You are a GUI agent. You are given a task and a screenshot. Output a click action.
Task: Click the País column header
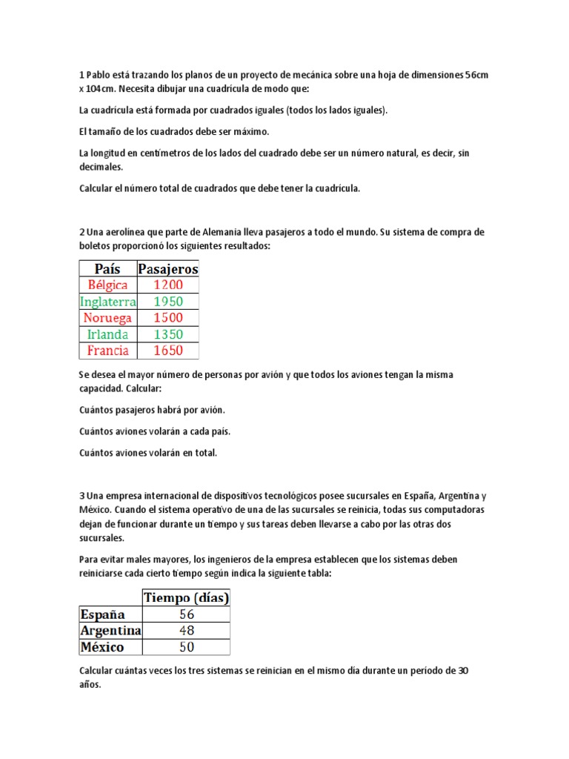[x=107, y=268]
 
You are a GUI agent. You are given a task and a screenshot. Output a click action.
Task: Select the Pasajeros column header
[x=168, y=268]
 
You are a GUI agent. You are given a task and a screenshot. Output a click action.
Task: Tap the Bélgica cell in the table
[x=107, y=285]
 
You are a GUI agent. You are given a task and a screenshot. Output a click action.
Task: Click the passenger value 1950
[x=168, y=302]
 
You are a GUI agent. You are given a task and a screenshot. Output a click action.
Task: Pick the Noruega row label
[x=107, y=318]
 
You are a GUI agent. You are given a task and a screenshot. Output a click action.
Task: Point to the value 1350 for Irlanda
[x=168, y=334]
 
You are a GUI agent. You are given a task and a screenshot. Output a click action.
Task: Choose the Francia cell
[x=107, y=351]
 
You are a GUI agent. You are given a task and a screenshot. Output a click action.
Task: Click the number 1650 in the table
[x=168, y=351]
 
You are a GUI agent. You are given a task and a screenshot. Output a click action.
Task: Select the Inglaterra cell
[x=107, y=302]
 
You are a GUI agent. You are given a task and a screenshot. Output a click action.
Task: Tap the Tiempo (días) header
[x=186, y=597]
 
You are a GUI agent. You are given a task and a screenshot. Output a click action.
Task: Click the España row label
[x=102, y=614]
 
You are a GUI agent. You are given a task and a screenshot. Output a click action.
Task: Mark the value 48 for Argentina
[x=186, y=631]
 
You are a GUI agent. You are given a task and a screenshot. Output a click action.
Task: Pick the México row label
[x=102, y=647]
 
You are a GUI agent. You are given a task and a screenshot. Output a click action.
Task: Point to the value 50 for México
[x=186, y=647]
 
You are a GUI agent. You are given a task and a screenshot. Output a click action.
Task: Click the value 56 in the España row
[x=186, y=614]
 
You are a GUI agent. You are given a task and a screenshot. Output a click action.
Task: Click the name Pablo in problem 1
[x=98, y=76]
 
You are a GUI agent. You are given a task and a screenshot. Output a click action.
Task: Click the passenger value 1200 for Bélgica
[x=168, y=285]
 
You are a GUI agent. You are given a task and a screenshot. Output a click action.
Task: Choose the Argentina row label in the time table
[x=110, y=631]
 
